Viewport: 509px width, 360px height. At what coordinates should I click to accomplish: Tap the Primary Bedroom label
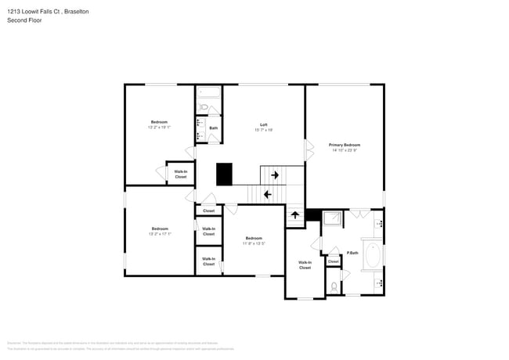coord(345,145)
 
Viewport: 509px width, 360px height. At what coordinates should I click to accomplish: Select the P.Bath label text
coord(352,253)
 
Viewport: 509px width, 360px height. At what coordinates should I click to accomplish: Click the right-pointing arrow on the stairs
coord(275,175)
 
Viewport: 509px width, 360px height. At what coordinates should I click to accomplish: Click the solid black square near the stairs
coord(225,174)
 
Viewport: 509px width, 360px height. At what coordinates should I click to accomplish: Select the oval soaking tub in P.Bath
coord(373,255)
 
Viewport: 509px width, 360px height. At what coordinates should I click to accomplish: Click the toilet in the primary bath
coord(334,286)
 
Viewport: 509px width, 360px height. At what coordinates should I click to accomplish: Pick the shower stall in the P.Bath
coord(332,218)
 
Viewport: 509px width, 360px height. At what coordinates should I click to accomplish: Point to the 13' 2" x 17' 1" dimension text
coord(159,234)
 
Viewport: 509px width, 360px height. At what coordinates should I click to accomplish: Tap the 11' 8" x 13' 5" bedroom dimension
coord(253,243)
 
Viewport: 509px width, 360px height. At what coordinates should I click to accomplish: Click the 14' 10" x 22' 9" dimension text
coord(345,150)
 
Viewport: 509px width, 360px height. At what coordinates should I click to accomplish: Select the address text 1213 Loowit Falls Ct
coord(39,11)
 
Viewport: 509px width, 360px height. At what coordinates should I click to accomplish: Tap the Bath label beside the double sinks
coord(213,128)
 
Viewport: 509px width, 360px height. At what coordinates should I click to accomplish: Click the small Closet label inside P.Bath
coord(333,261)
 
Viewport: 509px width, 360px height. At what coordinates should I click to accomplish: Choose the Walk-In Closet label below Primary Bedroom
coord(305,265)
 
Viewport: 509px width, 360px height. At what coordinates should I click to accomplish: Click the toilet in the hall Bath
coord(203,108)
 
